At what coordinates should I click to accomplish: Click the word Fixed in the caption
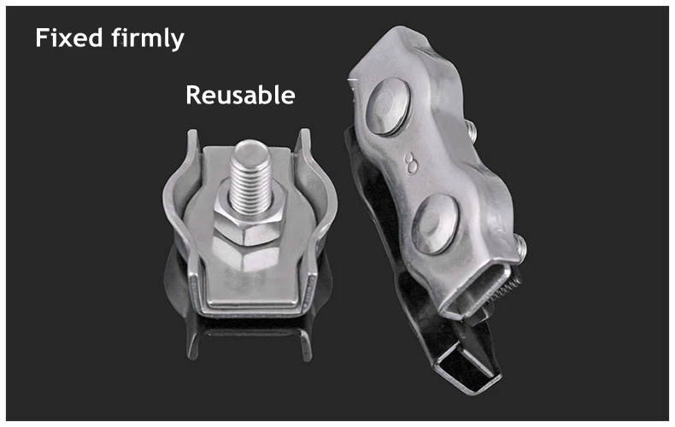point(69,38)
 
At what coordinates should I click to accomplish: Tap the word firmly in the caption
point(148,39)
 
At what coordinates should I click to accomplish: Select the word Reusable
point(240,95)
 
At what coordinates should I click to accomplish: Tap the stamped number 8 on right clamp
point(411,163)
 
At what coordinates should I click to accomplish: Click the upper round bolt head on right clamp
point(387,107)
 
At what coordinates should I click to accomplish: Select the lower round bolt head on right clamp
point(435,225)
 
